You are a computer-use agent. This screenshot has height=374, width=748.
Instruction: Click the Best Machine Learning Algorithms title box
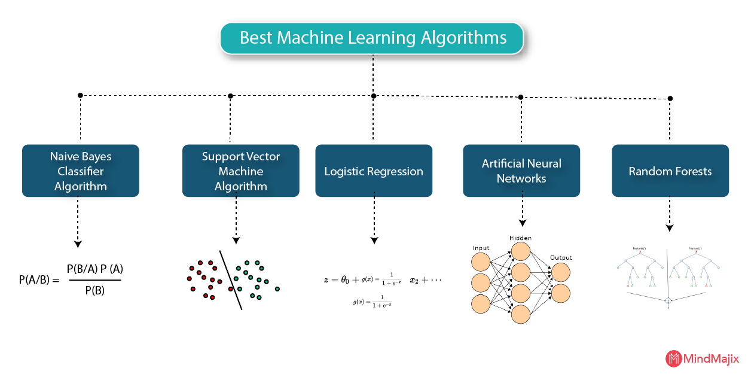click(x=373, y=38)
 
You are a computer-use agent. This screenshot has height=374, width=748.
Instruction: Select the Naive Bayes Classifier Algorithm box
click(x=81, y=171)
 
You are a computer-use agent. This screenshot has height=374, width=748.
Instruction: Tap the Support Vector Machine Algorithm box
click(x=241, y=171)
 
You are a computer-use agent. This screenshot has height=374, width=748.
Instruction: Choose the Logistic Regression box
click(x=374, y=171)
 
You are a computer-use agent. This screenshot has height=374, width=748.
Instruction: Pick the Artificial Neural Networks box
click(x=521, y=171)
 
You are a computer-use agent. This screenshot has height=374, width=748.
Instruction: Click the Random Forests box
click(x=670, y=171)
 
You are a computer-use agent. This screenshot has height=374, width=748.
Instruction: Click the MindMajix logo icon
click(x=674, y=358)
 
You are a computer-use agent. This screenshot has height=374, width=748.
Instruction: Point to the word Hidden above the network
click(x=520, y=238)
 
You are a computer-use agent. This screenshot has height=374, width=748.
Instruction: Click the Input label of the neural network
click(x=481, y=248)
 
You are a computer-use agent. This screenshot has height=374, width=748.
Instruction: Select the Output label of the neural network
click(x=561, y=257)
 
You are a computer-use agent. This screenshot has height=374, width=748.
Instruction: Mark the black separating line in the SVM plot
click(x=230, y=280)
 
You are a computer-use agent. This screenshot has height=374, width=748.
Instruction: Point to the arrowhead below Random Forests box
click(x=670, y=228)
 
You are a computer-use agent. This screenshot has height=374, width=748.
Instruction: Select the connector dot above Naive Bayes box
click(x=80, y=95)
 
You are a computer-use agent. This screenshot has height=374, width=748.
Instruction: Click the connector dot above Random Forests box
click(x=670, y=98)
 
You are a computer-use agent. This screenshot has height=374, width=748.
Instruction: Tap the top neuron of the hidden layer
click(x=521, y=251)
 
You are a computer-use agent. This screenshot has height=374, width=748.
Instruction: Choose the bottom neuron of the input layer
click(x=481, y=303)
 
